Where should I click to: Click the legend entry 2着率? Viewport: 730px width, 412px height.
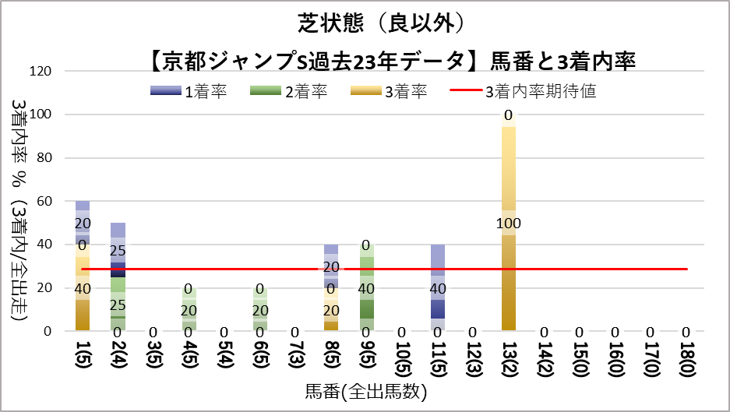click(x=288, y=91)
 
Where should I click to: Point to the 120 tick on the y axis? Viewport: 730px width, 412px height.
click(x=40, y=72)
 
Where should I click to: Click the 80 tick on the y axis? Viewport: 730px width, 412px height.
click(x=43, y=158)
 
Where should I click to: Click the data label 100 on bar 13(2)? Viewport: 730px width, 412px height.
click(x=508, y=224)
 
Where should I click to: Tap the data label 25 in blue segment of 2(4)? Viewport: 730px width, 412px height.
click(x=118, y=251)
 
